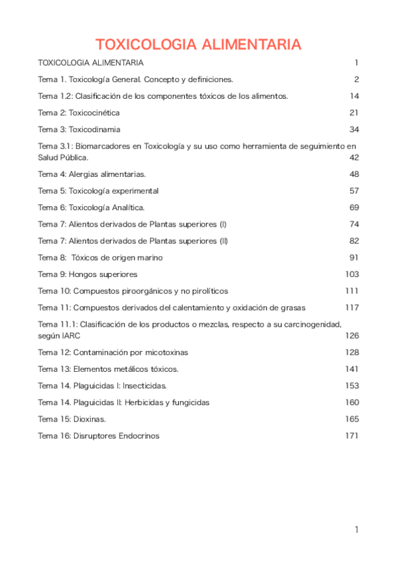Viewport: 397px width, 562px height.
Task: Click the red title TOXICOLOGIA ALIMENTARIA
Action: click(x=198, y=45)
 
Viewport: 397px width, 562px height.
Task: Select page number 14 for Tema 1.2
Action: click(x=354, y=96)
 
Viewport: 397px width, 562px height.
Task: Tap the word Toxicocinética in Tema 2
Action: click(x=99, y=113)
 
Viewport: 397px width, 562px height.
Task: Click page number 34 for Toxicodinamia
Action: click(x=354, y=129)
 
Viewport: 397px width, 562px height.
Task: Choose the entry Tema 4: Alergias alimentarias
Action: click(x=92, y=174)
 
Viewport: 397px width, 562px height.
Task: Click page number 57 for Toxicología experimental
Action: click(x=354, y=191)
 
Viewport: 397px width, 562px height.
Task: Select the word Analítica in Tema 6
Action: click(x=127, y=207)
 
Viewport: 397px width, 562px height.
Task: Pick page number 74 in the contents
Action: click(x=354, y=224)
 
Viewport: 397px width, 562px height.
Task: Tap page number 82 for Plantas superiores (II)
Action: click(x=354, y=241)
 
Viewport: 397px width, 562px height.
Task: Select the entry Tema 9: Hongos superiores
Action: click(x=87, y=274)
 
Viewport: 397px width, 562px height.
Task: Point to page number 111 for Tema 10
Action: click(x=352, y=291)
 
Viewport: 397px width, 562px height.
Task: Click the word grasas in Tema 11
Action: click(x=292, y=308)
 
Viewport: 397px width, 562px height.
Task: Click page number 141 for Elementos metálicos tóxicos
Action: click(x=352, y=368)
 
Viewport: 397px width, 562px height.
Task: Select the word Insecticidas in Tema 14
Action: click(x=145, y=386)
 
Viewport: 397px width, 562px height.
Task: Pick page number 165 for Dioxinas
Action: click(x=352, y=419)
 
